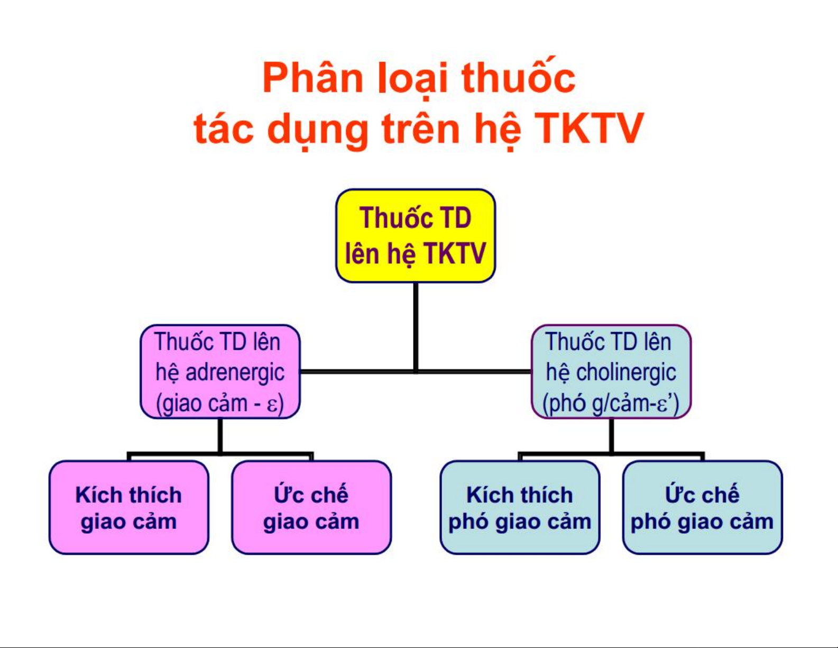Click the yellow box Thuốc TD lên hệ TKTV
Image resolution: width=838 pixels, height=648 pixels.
(416, 236)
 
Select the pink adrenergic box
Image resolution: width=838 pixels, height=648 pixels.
(220, 372)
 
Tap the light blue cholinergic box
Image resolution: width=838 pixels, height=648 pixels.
(611, 372)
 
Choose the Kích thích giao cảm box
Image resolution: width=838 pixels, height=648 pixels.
(129, 508)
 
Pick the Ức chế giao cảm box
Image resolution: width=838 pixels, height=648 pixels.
(311, 508)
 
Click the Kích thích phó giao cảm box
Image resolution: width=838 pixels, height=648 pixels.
(520, 508)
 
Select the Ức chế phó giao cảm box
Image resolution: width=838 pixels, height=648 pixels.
(702, 508)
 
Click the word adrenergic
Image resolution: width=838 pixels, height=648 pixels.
(235, 373)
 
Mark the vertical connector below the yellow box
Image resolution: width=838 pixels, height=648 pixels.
(416, 327)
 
